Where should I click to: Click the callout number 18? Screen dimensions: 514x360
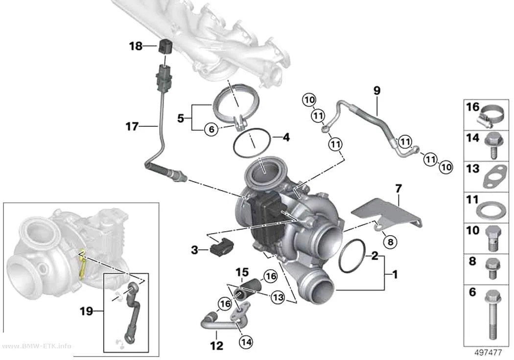(136, 46)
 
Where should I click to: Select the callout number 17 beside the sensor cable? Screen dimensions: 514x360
(132, 126)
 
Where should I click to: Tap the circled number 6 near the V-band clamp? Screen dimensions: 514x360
(211, 129)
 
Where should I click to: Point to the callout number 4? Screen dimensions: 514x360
(286, 137)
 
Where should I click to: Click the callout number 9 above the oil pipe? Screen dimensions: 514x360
(376, 90)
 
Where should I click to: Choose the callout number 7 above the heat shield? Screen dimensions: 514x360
(398, 189)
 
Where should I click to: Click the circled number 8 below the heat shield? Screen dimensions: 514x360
(390, 242)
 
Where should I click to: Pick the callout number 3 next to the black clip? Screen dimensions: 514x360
(195, 250)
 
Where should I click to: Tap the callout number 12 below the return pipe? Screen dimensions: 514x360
(217, 346)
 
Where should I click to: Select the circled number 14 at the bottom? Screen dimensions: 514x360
(246, 342)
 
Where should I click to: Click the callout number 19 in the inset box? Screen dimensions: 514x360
(87, 311)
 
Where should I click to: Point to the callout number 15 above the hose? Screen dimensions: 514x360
(242, 272)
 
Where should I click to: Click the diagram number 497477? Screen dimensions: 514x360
(488, 353)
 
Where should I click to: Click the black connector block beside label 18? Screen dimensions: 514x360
(164, 46)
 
